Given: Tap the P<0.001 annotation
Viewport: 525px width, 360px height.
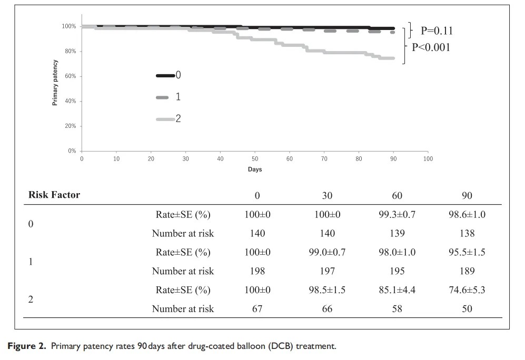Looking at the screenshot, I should (431, 47).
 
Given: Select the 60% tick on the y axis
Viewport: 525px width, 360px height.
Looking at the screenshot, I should (70, 76).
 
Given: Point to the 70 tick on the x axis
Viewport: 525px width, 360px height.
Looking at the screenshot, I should (324, 158).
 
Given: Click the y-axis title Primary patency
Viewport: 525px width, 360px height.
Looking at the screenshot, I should (55, 82).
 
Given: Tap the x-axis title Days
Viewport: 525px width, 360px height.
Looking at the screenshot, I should (255, 169).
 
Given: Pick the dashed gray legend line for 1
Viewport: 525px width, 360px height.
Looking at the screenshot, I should (163, 97).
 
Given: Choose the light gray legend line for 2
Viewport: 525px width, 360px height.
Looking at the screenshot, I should (165, 119).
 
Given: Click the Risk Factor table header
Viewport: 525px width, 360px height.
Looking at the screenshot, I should (54, 195).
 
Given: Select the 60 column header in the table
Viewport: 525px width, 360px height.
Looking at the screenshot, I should (397, 195).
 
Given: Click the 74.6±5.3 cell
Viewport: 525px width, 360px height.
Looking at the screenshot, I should (467, 290).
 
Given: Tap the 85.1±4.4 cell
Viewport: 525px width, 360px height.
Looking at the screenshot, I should (397, 290).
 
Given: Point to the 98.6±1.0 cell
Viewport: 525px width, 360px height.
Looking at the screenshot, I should (467, 214).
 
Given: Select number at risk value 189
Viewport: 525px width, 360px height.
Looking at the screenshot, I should (467, 271).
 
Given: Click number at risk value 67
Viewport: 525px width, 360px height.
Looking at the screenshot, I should (257, 309).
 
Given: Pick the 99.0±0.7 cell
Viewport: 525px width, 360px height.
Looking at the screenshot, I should (327, 252).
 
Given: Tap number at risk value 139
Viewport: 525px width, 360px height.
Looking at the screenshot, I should (397, 233).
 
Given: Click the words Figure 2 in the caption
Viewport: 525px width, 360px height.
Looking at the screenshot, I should (25, 346).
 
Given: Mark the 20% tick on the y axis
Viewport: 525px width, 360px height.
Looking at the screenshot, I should (70, 126).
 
